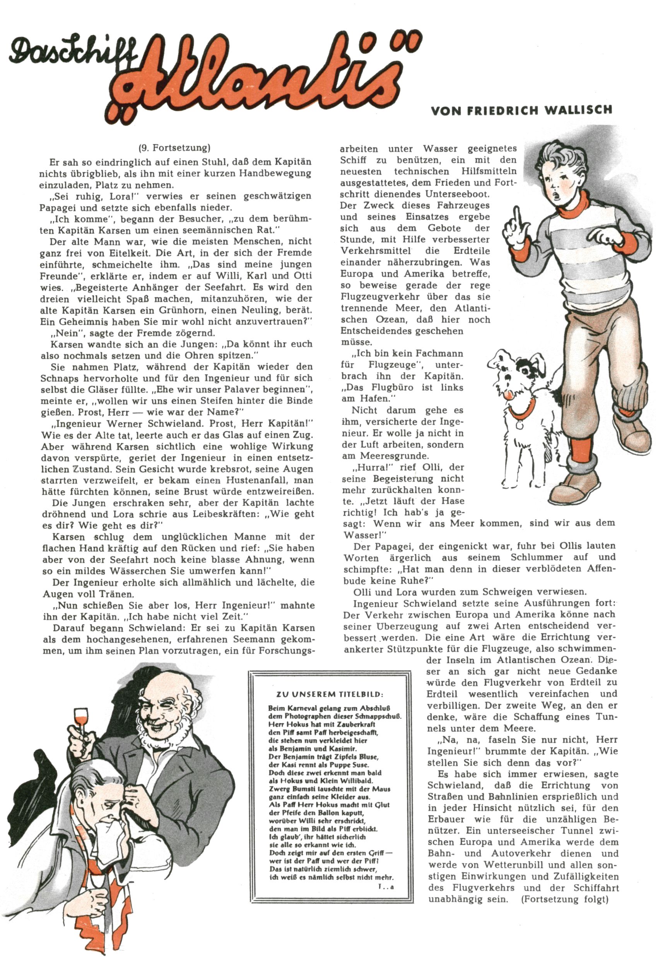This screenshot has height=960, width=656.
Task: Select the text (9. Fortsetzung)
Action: click(174, 148)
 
